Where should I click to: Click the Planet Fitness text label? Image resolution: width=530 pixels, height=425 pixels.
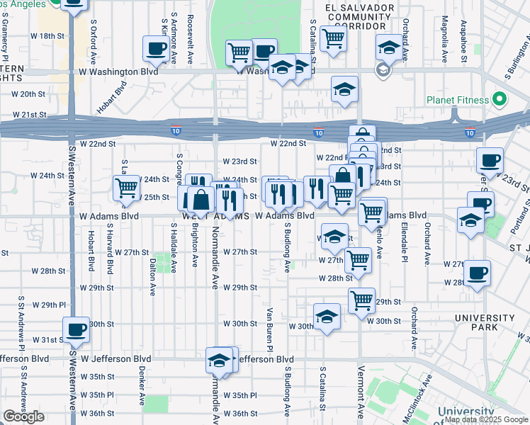tap(457, 101)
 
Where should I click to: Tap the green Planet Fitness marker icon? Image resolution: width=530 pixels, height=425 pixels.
tap(500, 100)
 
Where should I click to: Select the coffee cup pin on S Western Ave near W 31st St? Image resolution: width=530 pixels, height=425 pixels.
tap(76, 329)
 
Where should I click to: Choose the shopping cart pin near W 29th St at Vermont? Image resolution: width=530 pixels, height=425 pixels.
tap(362, 300)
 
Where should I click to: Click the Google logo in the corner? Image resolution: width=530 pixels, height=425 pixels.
tap(23, 416)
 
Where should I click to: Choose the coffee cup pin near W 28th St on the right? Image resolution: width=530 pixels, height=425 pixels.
tap(477, 273)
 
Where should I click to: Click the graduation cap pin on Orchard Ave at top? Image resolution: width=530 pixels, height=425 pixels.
tap(388, 47)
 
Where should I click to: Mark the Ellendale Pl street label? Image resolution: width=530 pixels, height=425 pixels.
tap(403, 238)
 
